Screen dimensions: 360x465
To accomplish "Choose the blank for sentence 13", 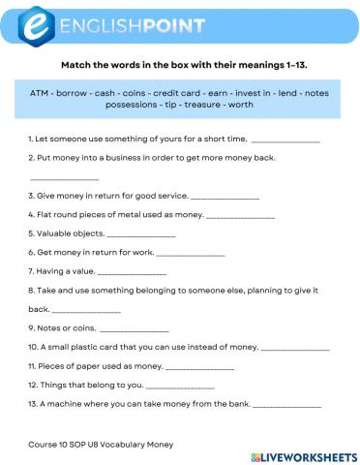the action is pyautogui.click(x=286, y=404).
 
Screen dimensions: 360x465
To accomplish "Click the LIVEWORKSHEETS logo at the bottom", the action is pyautogui.click(x=300, y=454).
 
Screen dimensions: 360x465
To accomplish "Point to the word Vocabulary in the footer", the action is pyautogui.click(x=120, y=442).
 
